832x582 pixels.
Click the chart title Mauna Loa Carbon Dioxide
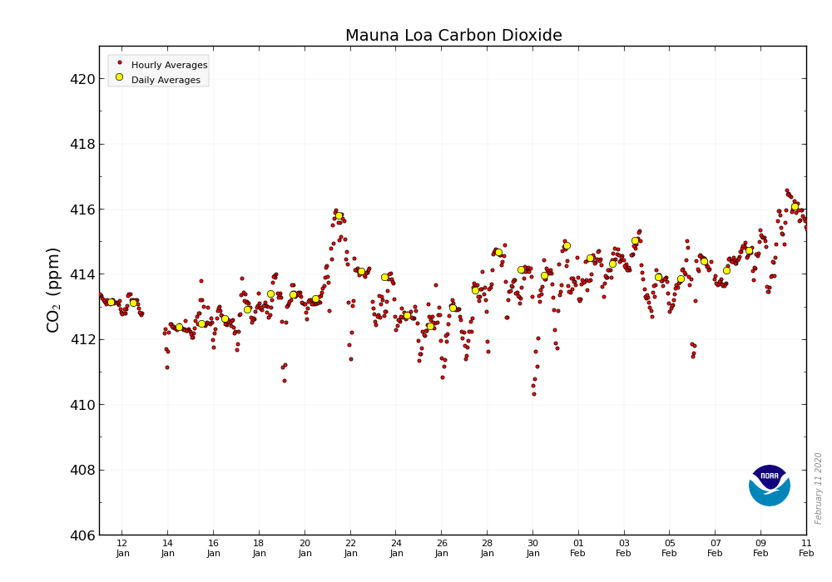click(x=453, y=36)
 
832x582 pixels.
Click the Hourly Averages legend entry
click(x=169, y=65)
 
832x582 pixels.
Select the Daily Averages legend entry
click(x=166, y=80)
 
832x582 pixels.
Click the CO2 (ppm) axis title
click(x=53, y=289)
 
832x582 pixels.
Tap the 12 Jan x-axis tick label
click(x=122, y=548)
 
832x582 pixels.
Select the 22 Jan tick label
click(x=350, y=548)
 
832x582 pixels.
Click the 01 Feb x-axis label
click(x=578, y=548)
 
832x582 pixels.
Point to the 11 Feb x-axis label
click(x=806, y=548)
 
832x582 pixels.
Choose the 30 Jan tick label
click(x=533, y=548)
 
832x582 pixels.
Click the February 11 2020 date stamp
click(x=819, y=488)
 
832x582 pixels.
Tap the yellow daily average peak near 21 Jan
click(x=339, y=215)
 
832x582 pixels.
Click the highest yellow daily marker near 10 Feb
click(x=795, y=206)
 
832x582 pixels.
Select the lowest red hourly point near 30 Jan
click(x=534, y=394)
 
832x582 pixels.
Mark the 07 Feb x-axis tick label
click(x=715, y=548)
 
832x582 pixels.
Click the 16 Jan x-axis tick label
click(x=214, y=548)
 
